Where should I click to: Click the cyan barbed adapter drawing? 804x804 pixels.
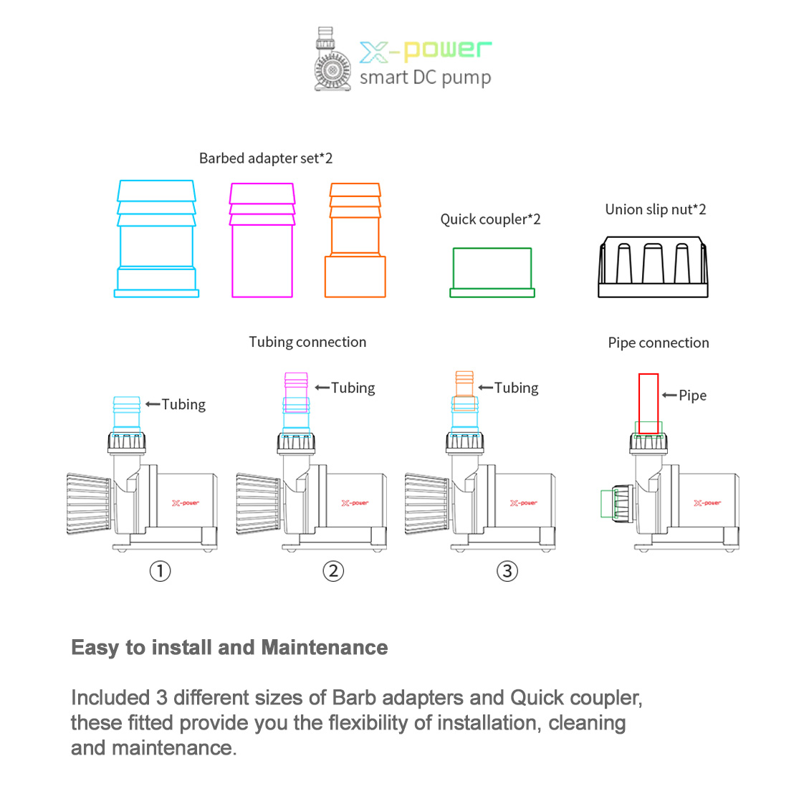click(156, 239)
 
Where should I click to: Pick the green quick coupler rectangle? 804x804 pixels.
click(492, 272)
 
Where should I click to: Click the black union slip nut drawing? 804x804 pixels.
click(653, 267)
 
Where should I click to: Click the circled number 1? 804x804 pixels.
click(160, 571)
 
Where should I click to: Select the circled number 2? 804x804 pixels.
click(333, 571)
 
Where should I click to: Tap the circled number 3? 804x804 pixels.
click(507, 571)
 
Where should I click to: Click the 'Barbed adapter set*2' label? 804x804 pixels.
click(266, 158)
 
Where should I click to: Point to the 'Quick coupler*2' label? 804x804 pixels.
click(490, 219)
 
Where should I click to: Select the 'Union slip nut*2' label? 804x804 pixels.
click(655, 209)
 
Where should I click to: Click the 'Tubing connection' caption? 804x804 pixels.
click(307, 342)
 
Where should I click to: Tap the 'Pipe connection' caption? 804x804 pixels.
click(658, 343)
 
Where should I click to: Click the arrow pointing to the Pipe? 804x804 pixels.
click(669, 395)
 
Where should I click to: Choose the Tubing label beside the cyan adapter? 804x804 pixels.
click(183, 404)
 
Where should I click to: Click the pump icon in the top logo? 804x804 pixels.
click(331, 60)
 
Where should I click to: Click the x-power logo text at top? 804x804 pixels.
click(425, 51)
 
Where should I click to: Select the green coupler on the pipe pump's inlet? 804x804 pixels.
click(608, 503)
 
